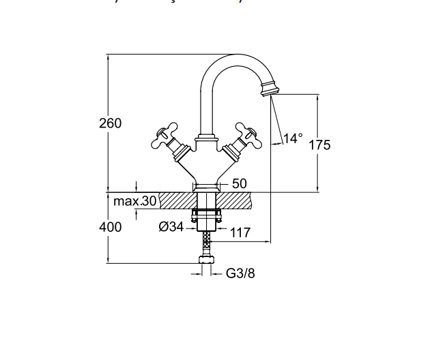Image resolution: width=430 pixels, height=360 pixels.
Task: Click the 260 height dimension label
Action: (x=110, y=123)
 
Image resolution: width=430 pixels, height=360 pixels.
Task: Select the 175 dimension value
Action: (x=319, y=145)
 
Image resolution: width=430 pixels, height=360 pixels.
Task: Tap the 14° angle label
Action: (x=292, y=138)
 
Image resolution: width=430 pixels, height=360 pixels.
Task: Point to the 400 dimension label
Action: (x=111, y=227)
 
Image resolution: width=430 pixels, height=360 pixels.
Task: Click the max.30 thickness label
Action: (x=135, y=201)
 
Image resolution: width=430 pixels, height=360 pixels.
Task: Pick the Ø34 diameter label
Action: (x=171, y=227)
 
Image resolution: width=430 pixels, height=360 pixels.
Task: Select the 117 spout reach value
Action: (x=240, y=232)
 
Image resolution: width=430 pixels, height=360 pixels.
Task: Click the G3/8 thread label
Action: (x=240, y=273)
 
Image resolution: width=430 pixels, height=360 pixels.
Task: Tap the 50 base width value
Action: (x=240, y=183)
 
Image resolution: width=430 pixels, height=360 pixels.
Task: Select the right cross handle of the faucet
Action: (x=244, y=135)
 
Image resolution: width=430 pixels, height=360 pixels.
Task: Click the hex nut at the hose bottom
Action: (x=205, y=260)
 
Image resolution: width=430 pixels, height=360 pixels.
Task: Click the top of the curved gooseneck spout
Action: (x=235, y=59)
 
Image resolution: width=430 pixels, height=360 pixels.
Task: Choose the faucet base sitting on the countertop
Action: (x=205, y=186)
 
